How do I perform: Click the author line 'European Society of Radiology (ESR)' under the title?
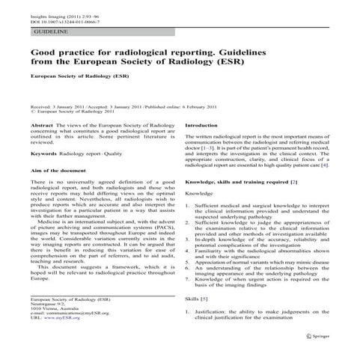coord(77,76)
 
